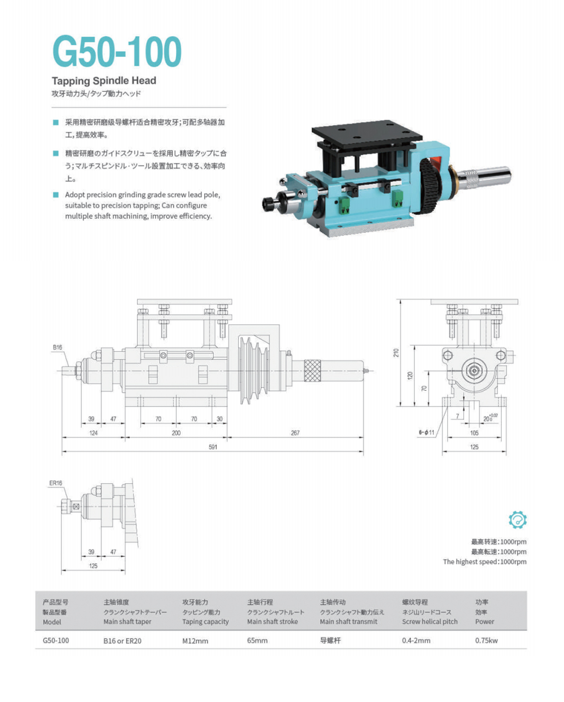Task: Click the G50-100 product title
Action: click(117, 51)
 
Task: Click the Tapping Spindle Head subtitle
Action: click(104, 81)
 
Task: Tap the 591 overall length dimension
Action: click(212, 447)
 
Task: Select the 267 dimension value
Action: click(295, 432)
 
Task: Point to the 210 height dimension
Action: click(396, 352)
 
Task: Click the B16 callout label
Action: click(57, 347)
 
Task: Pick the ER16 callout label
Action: click(55, 483)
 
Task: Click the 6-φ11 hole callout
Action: click(427, 432)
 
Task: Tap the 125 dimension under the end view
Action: click(474, 447)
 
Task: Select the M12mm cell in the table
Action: click(195, 641)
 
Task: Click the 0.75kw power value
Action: click(486, 640)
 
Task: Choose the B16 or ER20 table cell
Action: click(122, 641)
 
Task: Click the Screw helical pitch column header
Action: click(429, 621)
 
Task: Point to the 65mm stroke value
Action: click(257, 640)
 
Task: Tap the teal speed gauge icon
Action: click(517, 519)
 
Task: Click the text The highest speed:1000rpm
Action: click(484, 561)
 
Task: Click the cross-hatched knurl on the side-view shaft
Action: click(312, 370)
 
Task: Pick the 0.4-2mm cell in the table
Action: click(416, 640)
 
